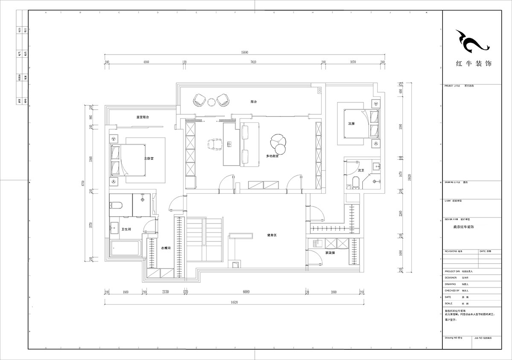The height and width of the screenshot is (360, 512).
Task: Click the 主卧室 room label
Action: coord(148,158)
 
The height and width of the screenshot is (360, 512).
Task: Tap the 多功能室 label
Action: coord(272,156)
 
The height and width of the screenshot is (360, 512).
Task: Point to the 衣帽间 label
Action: coord(166,248)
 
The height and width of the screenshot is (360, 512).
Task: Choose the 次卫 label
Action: coord(361,170)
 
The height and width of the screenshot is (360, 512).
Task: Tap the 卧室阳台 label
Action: coord(142,117)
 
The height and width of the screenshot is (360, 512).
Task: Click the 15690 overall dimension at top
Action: coord(244,52)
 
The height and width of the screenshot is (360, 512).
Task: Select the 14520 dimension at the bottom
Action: coord(233,302)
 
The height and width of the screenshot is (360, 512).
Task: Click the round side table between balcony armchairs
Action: coord(211,102)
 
